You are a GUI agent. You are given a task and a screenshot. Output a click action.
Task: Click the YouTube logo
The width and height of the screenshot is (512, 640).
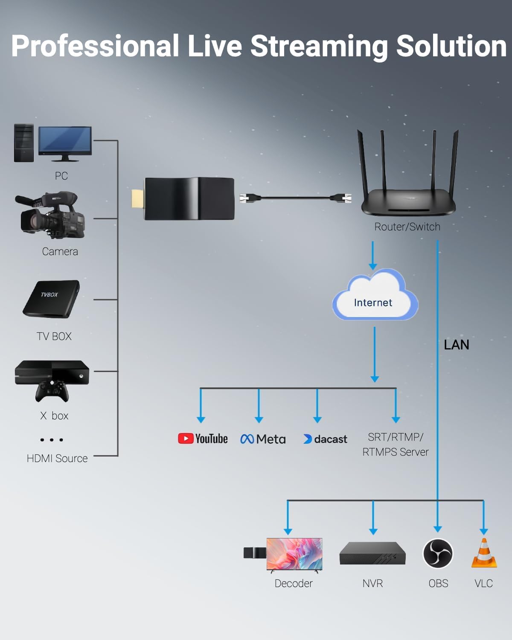point(203,439)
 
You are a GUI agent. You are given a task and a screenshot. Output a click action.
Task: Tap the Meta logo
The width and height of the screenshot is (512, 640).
point(263,439)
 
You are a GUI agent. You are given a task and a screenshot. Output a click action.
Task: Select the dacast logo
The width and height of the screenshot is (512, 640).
point(325,439)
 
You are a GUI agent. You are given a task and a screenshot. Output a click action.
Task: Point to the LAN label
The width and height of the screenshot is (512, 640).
point(456,345)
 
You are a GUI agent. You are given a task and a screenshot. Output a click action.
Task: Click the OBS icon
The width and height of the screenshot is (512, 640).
point(438,553)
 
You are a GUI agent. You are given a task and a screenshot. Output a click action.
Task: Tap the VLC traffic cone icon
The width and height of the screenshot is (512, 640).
point(484,553)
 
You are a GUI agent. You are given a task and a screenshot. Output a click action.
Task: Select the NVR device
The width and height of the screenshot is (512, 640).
point(372,553)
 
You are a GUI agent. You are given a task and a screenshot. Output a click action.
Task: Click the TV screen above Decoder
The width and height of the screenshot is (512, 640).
point(294,553)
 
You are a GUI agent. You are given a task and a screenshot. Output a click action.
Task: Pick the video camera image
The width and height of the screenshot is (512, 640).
point(51,215)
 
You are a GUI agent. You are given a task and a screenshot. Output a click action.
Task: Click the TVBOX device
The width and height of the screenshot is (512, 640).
point(51,299)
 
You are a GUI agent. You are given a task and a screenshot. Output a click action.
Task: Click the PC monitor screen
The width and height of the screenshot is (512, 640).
point(65,140)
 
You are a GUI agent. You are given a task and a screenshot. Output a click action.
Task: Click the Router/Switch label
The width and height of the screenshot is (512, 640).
point(407,227)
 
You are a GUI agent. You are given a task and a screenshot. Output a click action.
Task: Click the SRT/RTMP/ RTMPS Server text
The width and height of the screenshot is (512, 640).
point(396,445)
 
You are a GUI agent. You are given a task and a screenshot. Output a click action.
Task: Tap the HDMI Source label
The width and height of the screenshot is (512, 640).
point(57,459)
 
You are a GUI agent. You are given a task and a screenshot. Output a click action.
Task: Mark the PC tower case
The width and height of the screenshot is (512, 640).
point(24,143)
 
